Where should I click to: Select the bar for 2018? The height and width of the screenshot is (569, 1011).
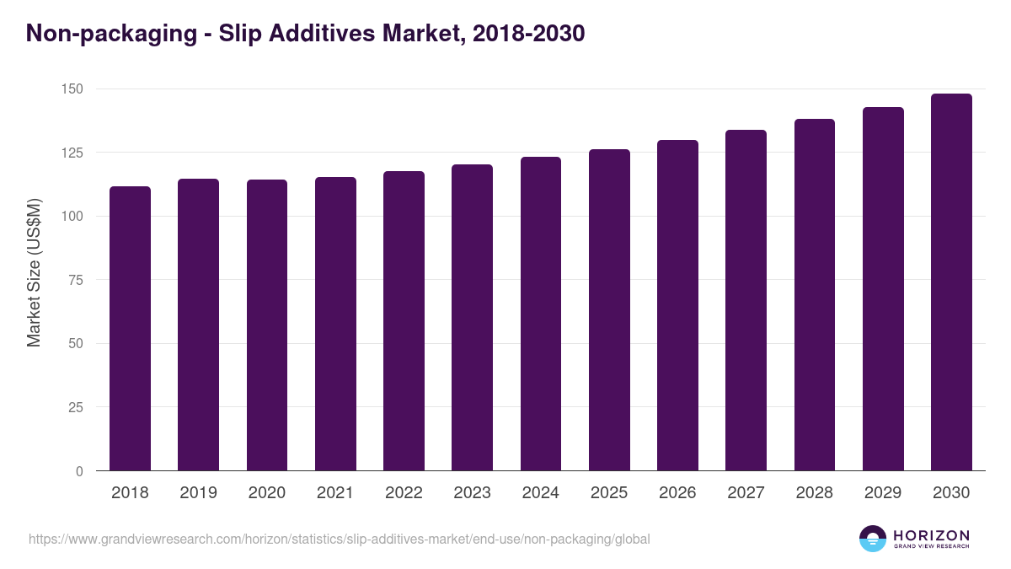point(130,329)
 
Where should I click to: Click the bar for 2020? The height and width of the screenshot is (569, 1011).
point(267,325)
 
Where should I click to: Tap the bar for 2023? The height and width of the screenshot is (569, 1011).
point(472,318)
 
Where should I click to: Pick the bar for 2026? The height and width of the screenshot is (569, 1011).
point(677,305)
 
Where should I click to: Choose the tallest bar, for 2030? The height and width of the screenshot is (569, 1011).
point(951,282)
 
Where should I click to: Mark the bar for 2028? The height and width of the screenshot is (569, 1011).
point(814,295)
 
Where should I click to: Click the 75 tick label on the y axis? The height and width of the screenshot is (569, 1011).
point(76,280)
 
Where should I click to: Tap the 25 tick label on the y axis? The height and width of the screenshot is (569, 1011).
point(76,407)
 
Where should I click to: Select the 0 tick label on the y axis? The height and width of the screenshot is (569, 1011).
point(79,471)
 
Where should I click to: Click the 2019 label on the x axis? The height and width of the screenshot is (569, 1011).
point(198,493)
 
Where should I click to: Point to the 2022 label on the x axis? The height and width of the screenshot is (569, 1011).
point(404,493)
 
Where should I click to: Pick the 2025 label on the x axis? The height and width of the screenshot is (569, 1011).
point(609,493)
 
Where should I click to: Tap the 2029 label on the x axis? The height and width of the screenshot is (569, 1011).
point(883,493)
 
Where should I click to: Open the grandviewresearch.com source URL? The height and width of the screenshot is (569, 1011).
point(339,539)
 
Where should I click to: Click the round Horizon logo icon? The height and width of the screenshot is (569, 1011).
point(872,539)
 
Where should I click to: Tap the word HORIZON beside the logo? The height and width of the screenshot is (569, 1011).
point(931,535)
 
